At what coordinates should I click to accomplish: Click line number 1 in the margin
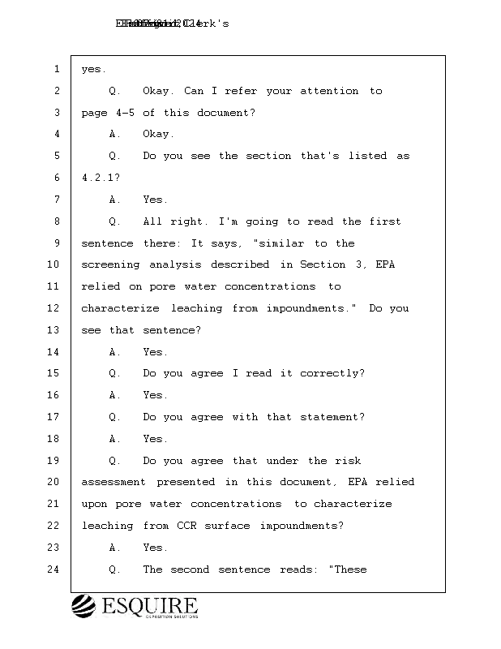[57, 70]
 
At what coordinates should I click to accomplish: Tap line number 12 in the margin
[54, 308]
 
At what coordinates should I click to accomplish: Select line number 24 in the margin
[54, 569]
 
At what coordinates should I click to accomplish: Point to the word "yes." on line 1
[94, 70]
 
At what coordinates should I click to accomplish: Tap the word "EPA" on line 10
[385, 264]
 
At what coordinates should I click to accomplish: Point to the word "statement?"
[331, 417]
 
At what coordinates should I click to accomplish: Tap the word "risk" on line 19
[347, 461]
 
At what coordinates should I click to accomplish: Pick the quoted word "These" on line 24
[349, 569]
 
